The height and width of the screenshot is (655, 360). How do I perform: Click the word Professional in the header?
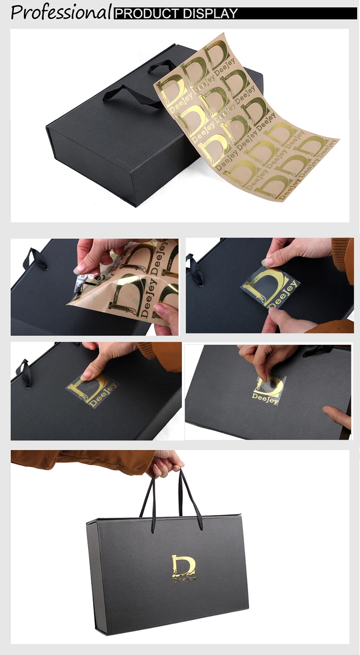[x=61, y=12]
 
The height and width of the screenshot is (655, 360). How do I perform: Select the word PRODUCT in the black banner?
[x=143, y=13]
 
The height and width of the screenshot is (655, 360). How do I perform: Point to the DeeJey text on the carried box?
[x=184, y=579]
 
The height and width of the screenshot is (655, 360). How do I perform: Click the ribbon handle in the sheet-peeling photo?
[x=36, y=259]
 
